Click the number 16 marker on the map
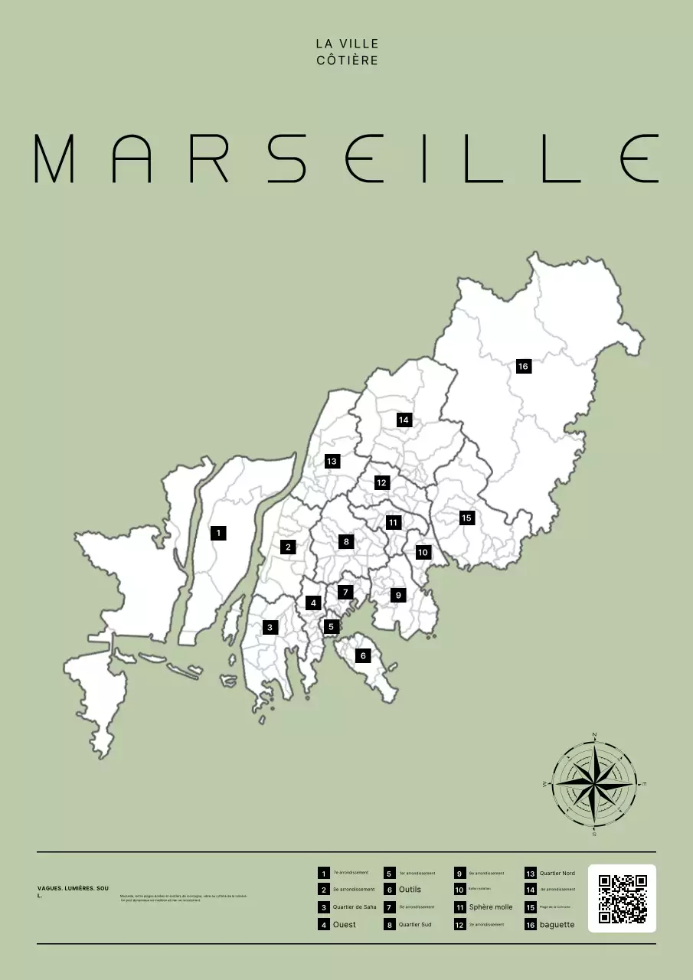coord(523,366)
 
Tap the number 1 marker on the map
coord(218,532)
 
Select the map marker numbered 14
coord(404,420)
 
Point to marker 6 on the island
coord(363,655)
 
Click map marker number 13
coord(332,461)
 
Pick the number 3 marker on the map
coord(270,627)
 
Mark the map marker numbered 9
coord(397,595)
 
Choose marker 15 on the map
coord(466,518)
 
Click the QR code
coord(622,898)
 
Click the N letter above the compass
coord(594,735)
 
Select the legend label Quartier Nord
coord(557,873)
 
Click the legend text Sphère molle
coord(491,907)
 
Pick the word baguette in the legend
coord(557,925)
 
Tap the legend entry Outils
coord(410,890)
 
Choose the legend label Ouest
coord(344,925)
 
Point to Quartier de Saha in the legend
coord(355,907)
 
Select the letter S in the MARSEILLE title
coord(288,158)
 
